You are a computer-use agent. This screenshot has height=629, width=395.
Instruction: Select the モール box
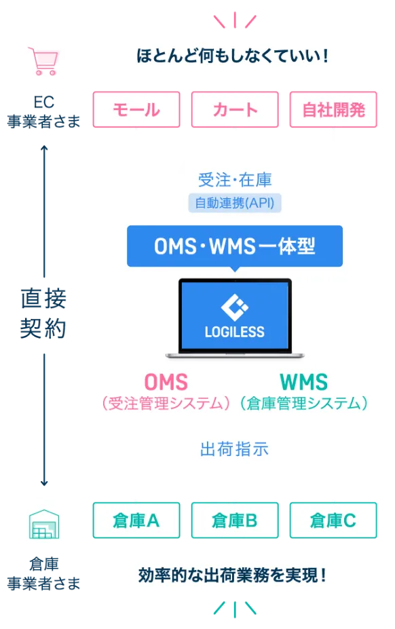(x=136, y=110)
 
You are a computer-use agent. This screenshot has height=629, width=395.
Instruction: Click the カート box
(x=235, y=110)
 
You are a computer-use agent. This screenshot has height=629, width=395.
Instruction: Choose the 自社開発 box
(x=333, y=110)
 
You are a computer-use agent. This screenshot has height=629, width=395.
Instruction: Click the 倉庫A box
(x=136, y=520)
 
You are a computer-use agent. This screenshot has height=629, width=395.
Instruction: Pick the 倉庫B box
(x=235, y=520)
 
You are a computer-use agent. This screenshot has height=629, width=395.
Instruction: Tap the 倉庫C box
(x=333, y=520)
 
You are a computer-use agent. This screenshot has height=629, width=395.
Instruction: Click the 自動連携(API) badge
(x=234, y=202)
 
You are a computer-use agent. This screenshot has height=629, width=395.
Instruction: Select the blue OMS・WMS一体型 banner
(x=235, y=246)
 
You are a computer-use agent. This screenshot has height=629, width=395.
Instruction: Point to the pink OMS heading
(x=166, y=382)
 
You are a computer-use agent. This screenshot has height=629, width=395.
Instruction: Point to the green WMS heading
(x=303, y=382)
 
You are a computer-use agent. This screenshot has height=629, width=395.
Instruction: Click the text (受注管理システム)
(x=166, y=404)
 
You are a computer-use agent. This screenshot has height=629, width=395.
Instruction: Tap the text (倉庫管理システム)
(x=303, y=404)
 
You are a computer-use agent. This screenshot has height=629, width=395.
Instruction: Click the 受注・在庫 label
(x=235, y=180)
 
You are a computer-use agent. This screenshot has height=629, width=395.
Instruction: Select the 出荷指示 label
(x=235, y=449)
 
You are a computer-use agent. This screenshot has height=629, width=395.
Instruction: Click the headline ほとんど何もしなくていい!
(x=235, y=54)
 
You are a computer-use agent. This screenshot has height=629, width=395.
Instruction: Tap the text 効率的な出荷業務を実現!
(x=235, y=575)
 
